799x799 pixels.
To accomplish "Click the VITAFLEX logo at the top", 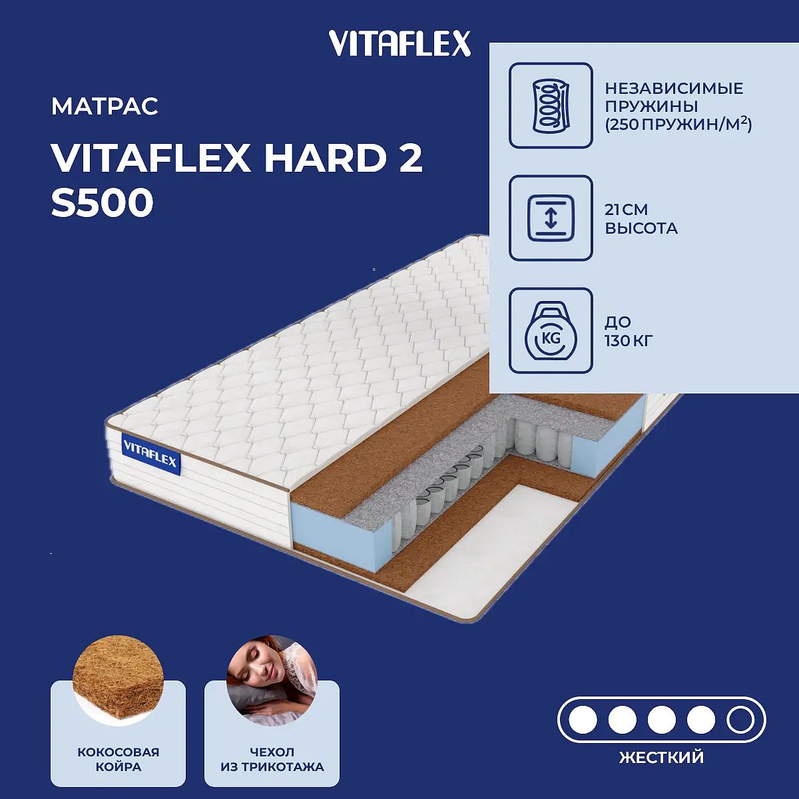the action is [x=400, y=43].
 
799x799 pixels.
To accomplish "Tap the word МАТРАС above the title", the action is [x=105, y=106].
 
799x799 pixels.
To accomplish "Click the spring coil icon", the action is [x=551, y=105].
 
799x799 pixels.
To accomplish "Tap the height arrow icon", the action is [x=551, y=218].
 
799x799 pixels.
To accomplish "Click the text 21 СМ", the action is [x=626, y=210].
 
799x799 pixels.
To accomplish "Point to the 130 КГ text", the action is [x=628, y=341].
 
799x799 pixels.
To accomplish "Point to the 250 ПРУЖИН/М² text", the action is [x=678, y=124].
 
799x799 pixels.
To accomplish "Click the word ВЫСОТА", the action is [x=641, y=228].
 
